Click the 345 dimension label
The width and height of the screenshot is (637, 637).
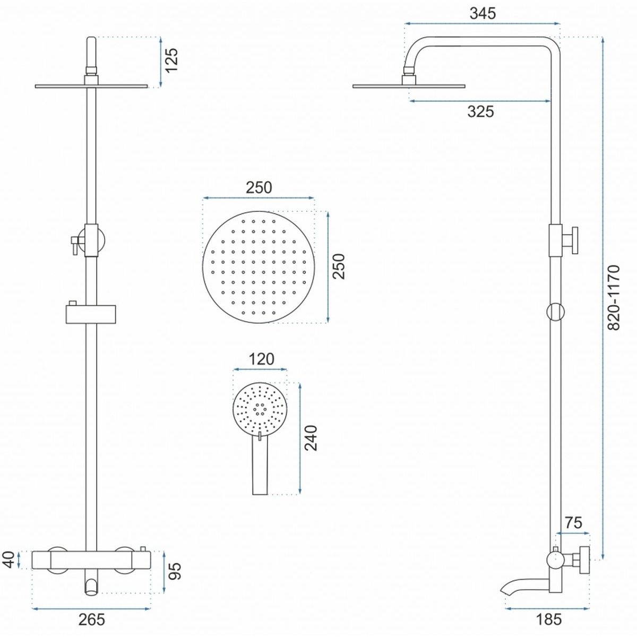point(483,13)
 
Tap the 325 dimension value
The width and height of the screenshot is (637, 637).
point(480,111)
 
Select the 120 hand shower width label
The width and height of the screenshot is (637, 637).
point(261,359)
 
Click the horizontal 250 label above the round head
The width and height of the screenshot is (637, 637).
point(259,187)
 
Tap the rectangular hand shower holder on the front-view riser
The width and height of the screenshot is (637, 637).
point(91,314)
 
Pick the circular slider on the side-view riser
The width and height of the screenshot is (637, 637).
point(555,312)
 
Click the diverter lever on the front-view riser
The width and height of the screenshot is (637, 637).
point(74,245)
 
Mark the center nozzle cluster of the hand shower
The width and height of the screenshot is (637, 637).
point(260,409)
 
